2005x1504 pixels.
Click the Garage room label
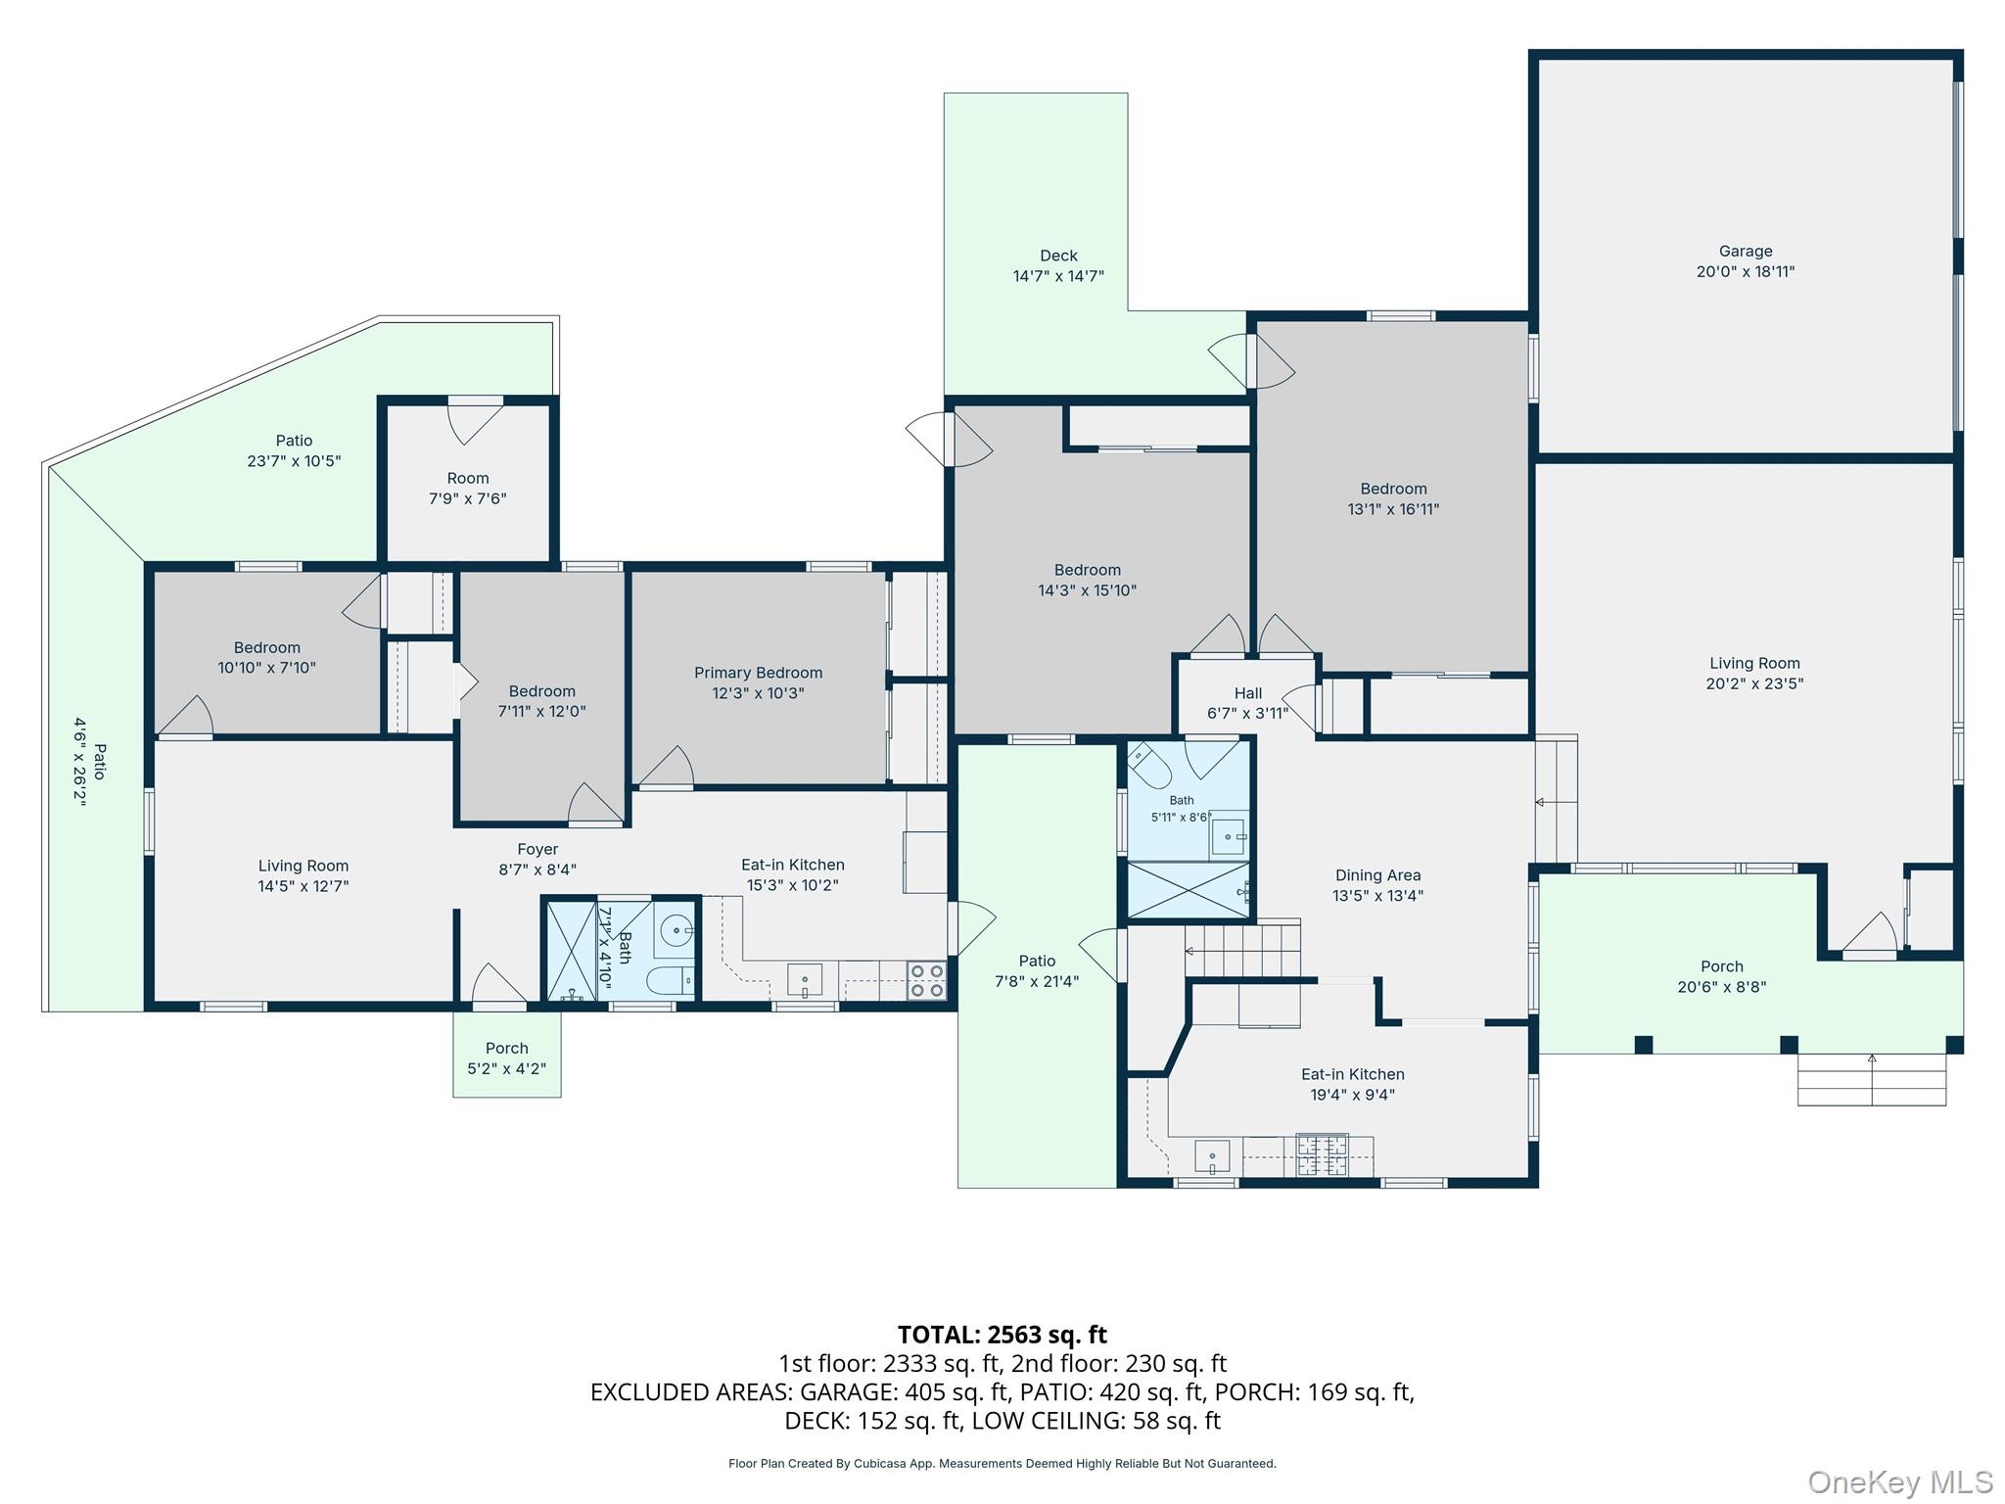pyautogui.click(x=1746, y=252)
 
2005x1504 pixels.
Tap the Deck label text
pyautogui.click(x=1058, y=257)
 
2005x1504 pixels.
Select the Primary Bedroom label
pyautogui.click(x=758, y=673)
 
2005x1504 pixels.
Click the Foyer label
pyautogui.click(x=537, y=850)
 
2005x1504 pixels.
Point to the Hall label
pyautogui.click(x=1248, y=693)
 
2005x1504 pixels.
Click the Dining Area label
pyautogui.click(x=1377, y=875)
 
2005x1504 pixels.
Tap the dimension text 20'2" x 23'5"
pyautogui.click(x=1754, y=684)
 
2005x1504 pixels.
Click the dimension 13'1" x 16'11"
pyautogui.click(x=1393, y=509)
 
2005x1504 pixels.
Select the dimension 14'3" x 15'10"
pyautogui.click(x=1087, y=590)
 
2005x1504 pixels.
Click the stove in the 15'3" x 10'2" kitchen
pyautogui.click(x=926, y=981)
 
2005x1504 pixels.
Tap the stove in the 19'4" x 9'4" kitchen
pyautogui.click(x=1322, y=1155)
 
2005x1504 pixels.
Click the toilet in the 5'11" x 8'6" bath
pyautogui.click(x=1150, y=767)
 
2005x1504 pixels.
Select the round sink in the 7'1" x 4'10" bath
pyautogui.click(x=676, y=928)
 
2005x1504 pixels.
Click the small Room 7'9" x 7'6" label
pyautogui.click(x=468, y=479)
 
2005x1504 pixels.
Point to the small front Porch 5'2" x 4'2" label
pyautogui.click(x=506, y=1049)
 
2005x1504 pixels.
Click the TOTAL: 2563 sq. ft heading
pyautogui.click(x=1002, y=1335)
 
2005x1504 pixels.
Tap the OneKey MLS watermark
pyautogui.click(x=1900, y=1481)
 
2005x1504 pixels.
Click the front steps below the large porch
pyautogui.click(x=1872, y=1080)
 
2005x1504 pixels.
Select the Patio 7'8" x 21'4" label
pyautogui.click(x=1037, y=962)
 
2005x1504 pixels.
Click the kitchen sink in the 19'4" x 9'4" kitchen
pyautogui.click(x=1212, y=1156)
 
